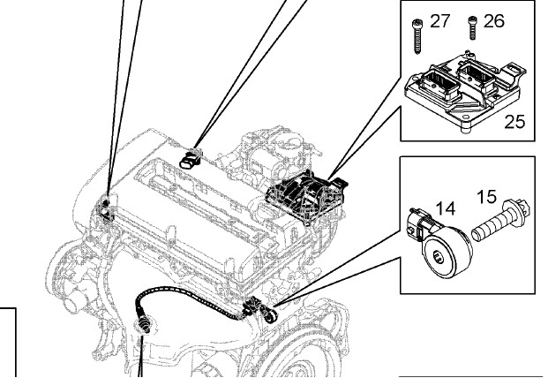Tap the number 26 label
coord(493,20)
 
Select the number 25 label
coord(514,122)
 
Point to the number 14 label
coord(446,209)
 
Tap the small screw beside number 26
coord(471,28)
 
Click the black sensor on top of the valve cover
coord(189,158)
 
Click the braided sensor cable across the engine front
coord(185,306)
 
